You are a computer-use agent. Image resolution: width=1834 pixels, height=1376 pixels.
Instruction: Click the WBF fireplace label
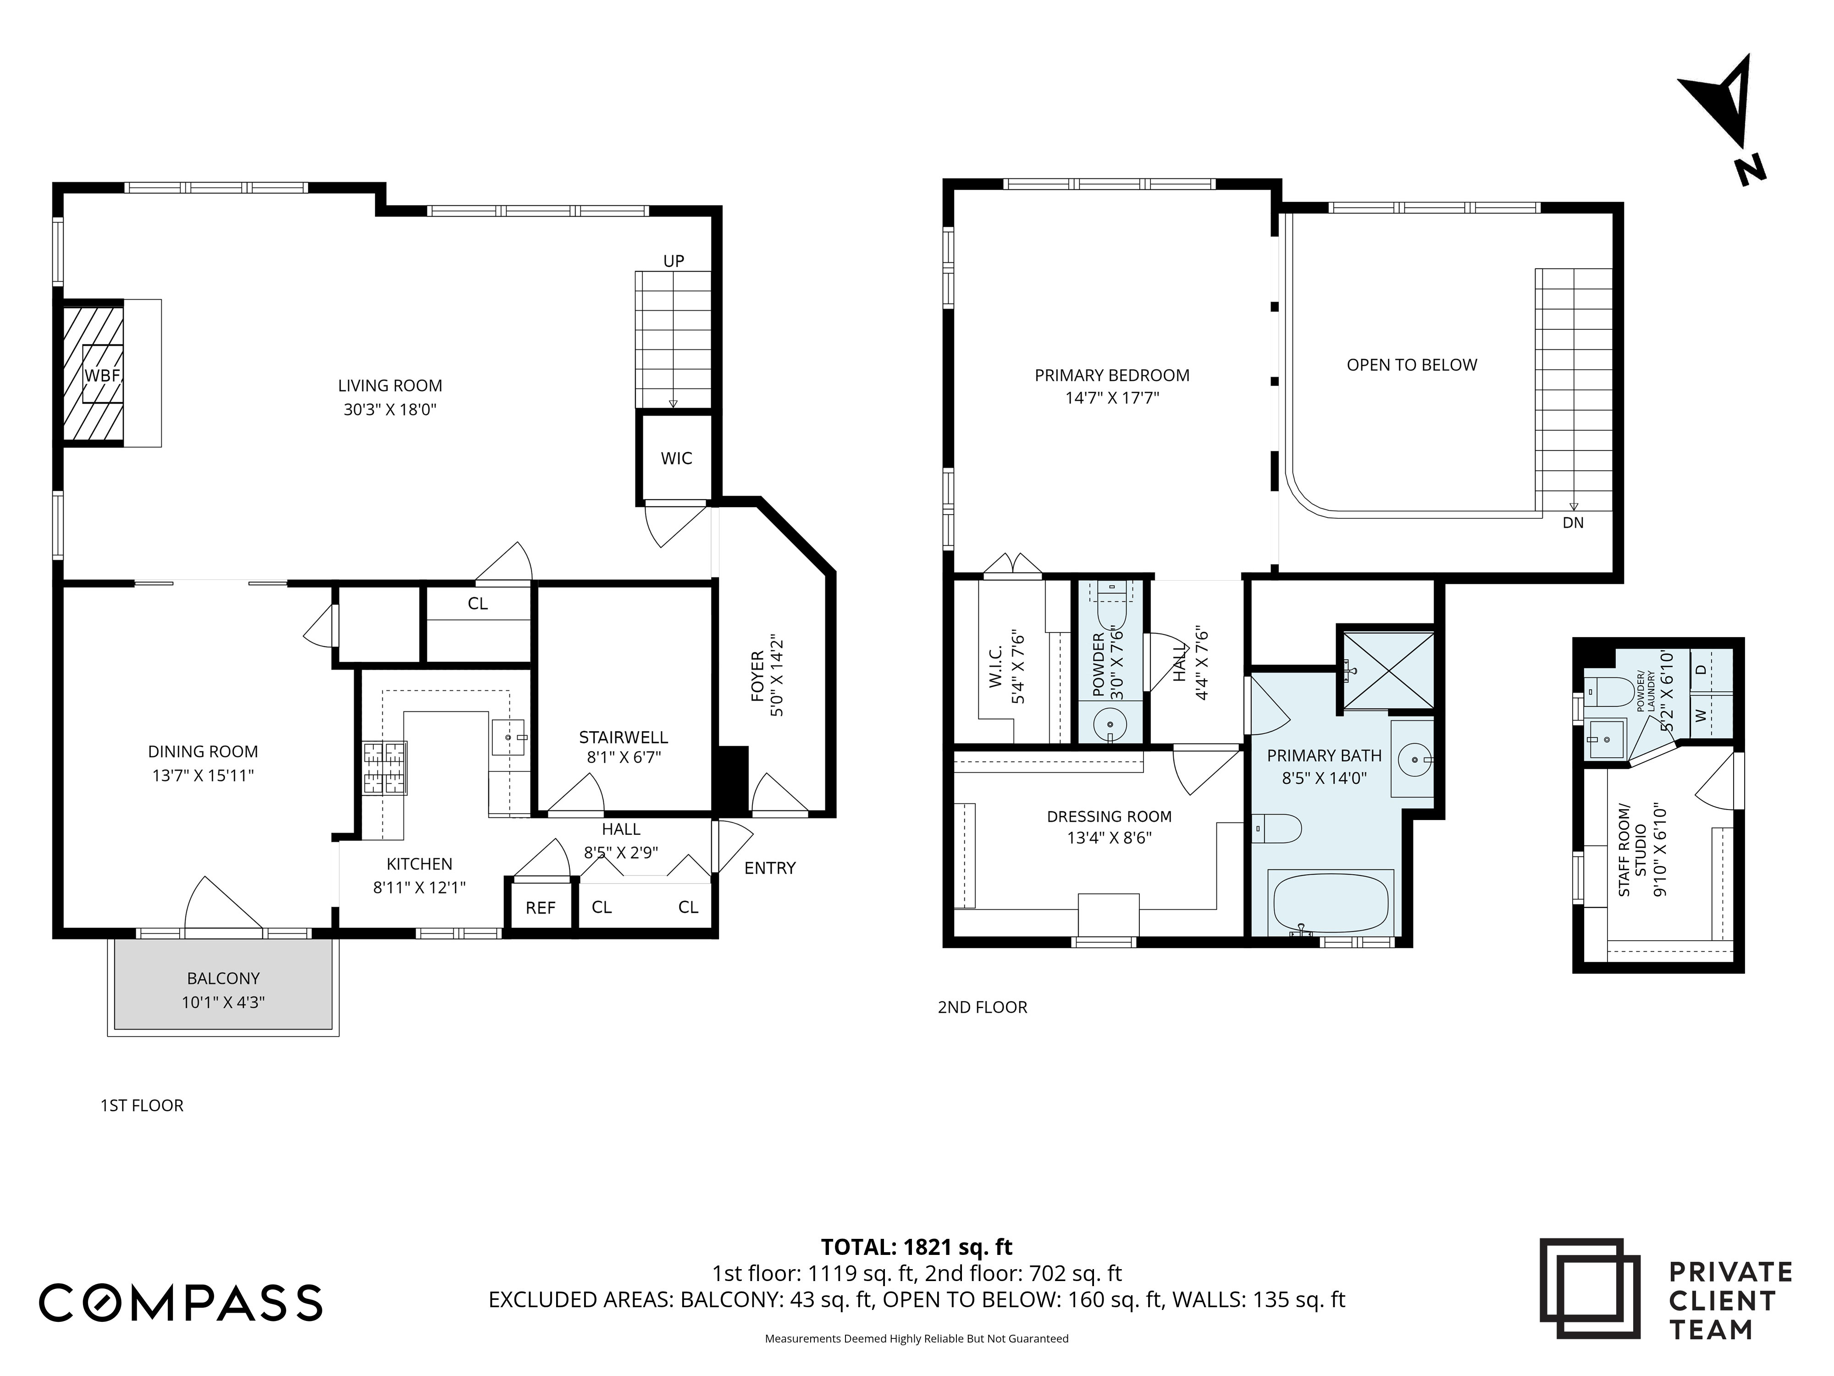tap(103, 375)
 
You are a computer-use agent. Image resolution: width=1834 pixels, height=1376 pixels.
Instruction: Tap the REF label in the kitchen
tap(541, 908)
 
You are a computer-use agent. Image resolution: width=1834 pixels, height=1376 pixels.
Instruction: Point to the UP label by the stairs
tap(673, 261)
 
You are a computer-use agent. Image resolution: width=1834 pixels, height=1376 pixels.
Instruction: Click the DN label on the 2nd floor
tap(1573, 522)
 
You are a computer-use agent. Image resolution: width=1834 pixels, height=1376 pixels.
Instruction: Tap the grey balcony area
tap(223, 984)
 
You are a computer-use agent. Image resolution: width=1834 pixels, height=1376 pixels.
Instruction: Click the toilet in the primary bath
tap(1277, 828)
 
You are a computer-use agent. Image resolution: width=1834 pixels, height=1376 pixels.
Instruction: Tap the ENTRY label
tap(769, 868)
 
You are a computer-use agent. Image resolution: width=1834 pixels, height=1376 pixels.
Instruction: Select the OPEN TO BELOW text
tap(1411, 365)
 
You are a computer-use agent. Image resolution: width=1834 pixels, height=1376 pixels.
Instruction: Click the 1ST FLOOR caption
tap(142, 1105)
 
